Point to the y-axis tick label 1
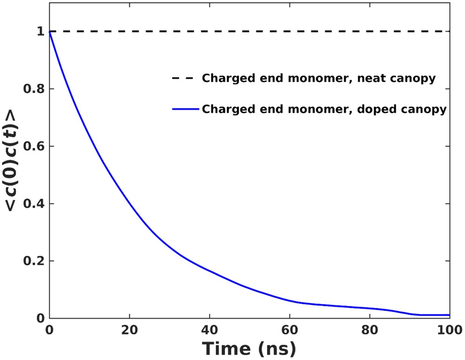[x=40, y=31]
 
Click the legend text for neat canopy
[x=318, y=78]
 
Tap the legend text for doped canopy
[x=324, y=110]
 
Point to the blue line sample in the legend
[x=186, y=110]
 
